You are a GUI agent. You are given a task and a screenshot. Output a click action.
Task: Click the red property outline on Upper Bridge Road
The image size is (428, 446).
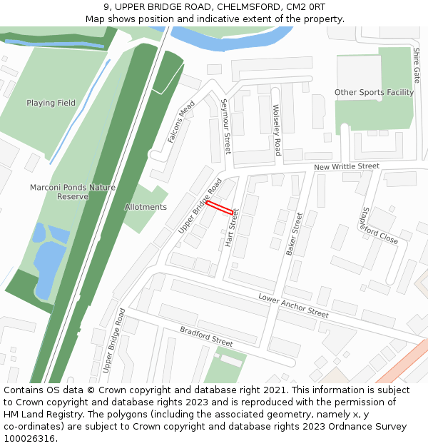coord(220,208)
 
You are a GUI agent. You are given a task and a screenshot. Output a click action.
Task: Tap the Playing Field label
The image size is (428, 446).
coord(51,103)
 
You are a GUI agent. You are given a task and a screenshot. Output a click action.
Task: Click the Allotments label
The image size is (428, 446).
coord(146,207)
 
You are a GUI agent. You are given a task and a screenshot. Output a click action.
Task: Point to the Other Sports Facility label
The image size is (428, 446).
coord(374,93)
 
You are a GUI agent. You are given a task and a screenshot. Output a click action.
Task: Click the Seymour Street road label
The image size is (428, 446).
coord(227,126)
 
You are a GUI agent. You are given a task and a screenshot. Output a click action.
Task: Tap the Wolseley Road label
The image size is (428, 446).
coord(277,130)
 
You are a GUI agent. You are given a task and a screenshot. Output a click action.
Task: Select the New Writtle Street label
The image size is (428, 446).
coord(347,167)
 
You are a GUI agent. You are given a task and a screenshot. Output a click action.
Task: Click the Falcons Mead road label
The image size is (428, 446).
coord(181,122)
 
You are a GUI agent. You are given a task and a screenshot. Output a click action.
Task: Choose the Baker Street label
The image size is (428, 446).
coord(294,233)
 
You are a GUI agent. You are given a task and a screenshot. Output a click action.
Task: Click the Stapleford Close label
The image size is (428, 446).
coord(379,225)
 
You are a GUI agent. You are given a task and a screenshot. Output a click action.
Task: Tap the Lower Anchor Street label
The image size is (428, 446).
coord(293,305)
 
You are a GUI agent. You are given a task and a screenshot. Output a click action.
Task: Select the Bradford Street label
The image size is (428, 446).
coord(206,337)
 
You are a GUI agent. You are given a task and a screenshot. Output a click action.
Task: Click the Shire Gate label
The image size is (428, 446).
coord(417,65)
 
